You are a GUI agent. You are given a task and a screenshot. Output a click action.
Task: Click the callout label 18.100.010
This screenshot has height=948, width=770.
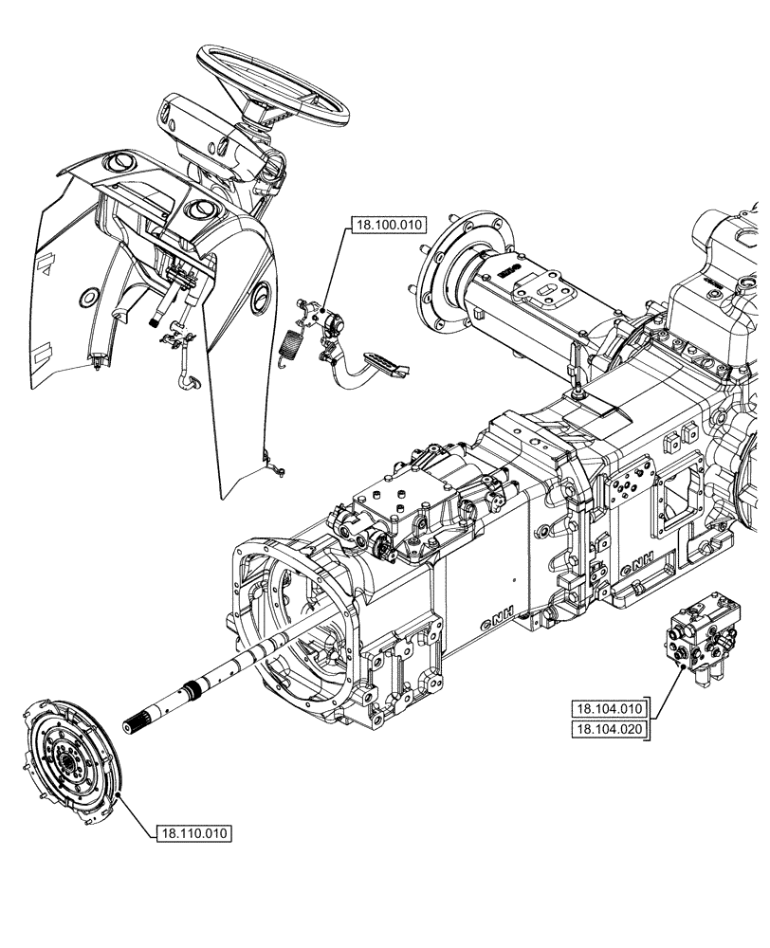389,226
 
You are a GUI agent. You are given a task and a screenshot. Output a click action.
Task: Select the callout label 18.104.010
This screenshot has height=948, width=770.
608,708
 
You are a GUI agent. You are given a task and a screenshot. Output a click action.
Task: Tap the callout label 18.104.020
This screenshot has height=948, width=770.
608,728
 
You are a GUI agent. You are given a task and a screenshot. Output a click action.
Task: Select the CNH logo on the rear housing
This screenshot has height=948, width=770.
637,565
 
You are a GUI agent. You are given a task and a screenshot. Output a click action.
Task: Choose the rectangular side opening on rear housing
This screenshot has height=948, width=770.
681,502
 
